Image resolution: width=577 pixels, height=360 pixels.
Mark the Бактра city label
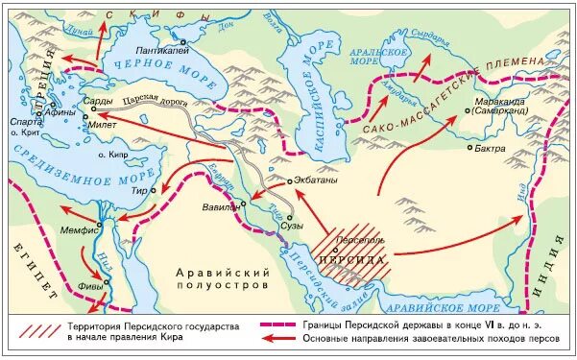pos(490,149)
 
